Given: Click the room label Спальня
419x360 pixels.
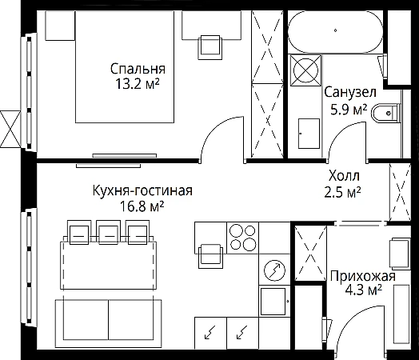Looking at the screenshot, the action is click(138, 69).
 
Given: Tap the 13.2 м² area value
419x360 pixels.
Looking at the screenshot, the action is click(138, 83).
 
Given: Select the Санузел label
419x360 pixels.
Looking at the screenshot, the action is click(350, 92).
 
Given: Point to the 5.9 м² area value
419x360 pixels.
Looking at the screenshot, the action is click(349, 109).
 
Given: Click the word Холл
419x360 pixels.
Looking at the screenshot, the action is click(344, 176).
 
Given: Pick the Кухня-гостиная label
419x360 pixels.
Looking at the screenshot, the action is click(142, 191).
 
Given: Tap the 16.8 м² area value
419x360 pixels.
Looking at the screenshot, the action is click(142, 206).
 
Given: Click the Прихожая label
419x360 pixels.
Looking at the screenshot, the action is click(363, 276).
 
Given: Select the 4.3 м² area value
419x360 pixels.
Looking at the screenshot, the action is click(363, 290).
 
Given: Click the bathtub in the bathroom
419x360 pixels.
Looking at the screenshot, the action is click(335, 31).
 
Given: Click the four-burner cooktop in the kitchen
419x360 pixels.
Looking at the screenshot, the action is click(242, 238).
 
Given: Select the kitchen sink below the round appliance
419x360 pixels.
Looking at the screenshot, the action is click(273, 302).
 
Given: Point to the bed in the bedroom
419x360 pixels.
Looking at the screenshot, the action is click(125, 67).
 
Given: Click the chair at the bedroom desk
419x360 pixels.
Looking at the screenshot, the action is click(209, 47).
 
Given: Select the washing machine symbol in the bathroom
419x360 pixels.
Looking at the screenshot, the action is click(305, 70).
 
